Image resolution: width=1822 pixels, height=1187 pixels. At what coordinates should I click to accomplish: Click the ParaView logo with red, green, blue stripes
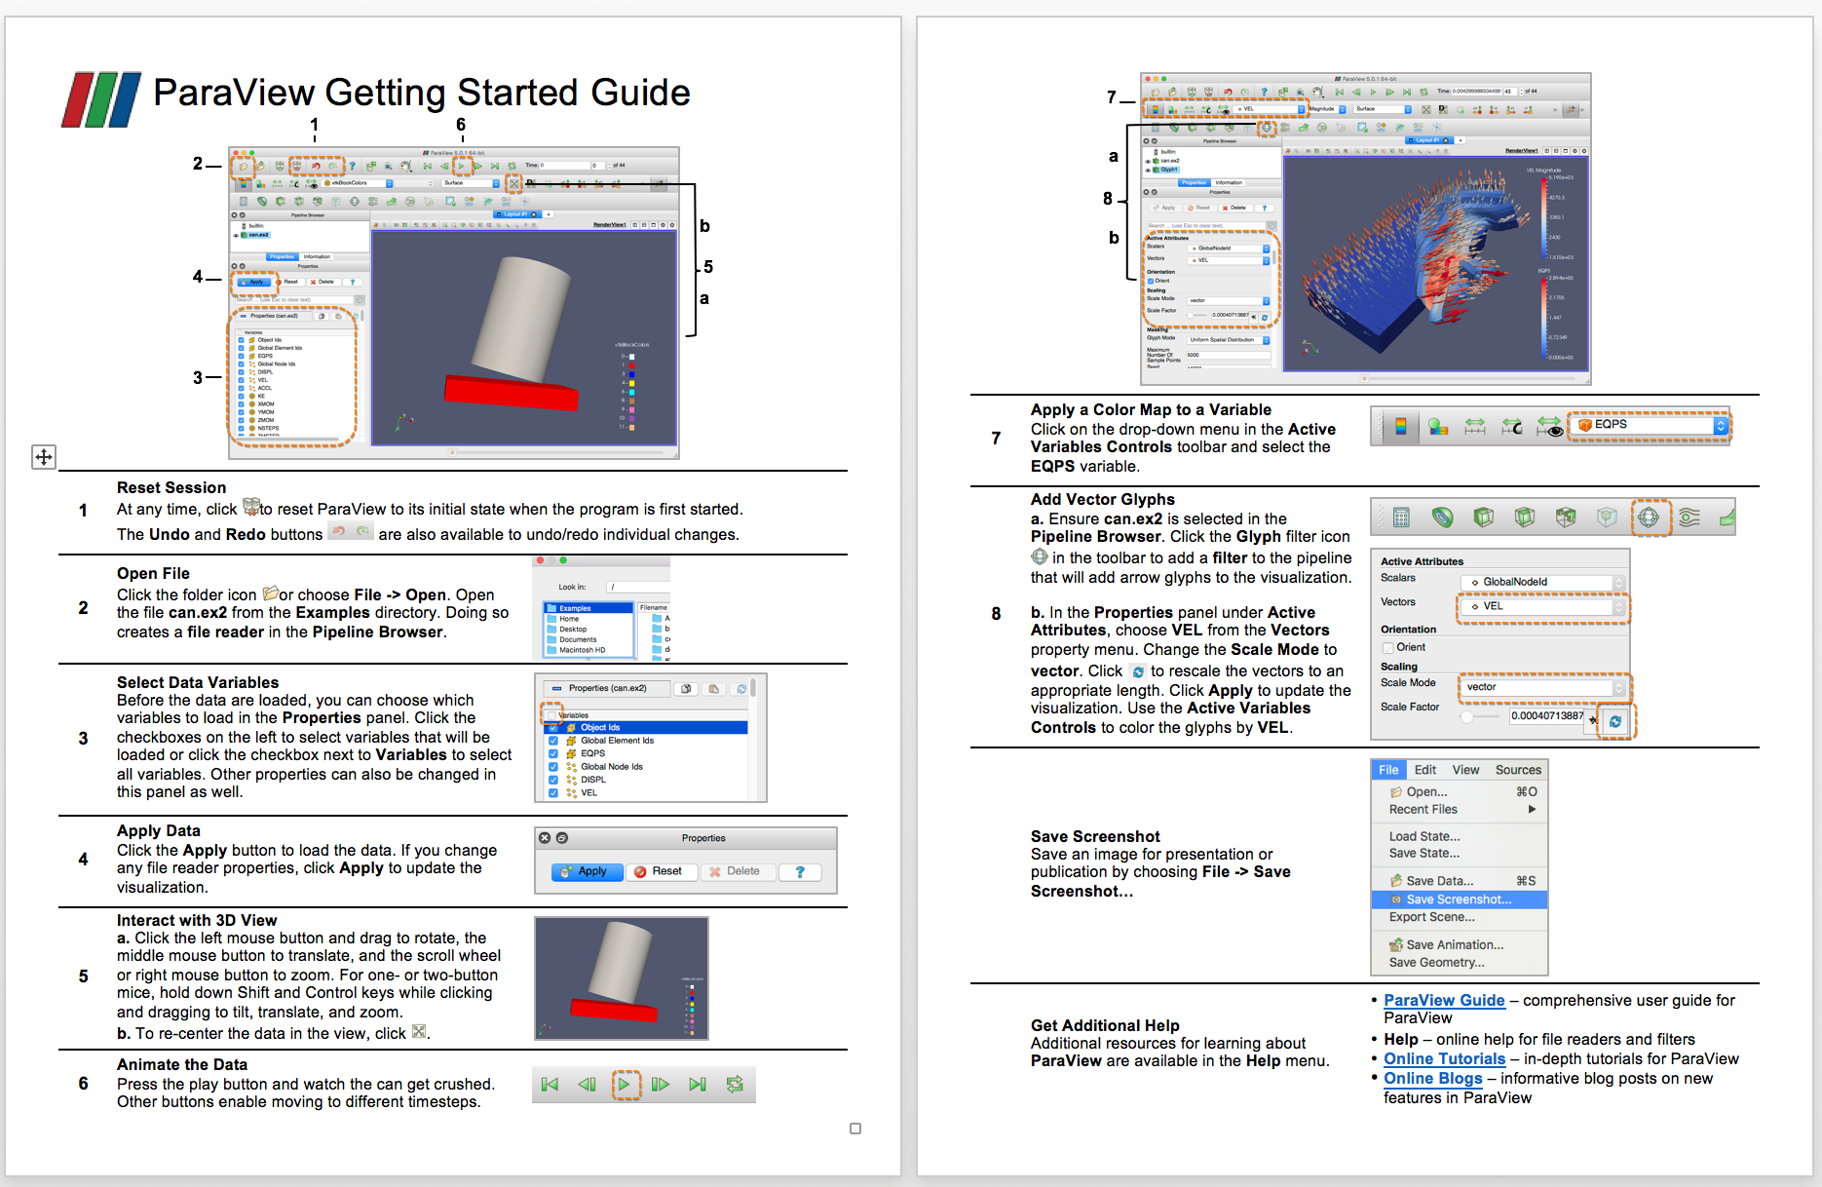click(100, 99)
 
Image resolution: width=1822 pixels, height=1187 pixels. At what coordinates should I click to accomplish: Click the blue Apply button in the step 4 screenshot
click(587, 871)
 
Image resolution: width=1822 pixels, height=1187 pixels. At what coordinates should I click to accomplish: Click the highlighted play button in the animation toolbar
click(625, 1085)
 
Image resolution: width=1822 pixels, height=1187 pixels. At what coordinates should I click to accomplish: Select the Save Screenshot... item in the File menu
click(1458, 900)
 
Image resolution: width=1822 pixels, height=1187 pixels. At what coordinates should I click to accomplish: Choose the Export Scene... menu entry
click(1431, 917)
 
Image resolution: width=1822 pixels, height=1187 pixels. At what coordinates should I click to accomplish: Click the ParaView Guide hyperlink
click(1443, 1001)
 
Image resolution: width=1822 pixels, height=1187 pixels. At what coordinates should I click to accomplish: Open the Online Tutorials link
click(1443, 1059)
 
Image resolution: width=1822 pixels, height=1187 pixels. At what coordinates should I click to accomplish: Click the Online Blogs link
click(1432, 1079)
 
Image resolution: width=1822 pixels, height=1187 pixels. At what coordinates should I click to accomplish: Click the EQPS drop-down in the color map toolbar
click(1649, 425)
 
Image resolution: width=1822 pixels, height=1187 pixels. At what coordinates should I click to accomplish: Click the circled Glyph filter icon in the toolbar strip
click(1649, 517)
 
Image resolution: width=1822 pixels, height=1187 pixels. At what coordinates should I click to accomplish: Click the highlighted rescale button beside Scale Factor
click(1615, 721)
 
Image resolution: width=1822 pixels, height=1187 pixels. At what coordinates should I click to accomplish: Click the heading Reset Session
click(171, 488)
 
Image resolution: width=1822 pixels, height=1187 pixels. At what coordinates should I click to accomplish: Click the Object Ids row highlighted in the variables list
click(600, 727)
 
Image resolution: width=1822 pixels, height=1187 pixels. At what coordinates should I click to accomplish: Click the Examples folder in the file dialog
click(575, 608)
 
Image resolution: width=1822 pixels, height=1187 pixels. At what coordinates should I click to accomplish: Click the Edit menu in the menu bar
click(1424, 770)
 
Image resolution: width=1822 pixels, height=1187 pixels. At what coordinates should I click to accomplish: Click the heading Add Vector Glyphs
click(1102, 500)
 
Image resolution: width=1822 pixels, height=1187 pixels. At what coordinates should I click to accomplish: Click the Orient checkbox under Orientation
click(1387, 647)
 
